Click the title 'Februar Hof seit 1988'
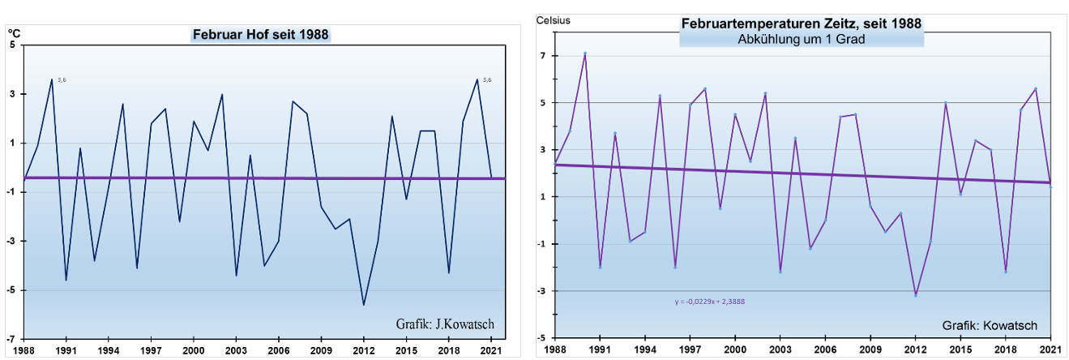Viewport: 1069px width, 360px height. point(261,35)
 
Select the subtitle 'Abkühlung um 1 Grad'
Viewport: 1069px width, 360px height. point(802,39)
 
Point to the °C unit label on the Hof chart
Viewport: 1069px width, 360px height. point(13,33)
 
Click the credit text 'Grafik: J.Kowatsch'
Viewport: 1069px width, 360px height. point(445,324)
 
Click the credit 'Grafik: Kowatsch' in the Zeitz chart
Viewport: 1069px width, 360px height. point(990,325)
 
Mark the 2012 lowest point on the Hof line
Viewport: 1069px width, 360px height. point(364,305)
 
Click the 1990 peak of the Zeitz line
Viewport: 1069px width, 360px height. point(585,54)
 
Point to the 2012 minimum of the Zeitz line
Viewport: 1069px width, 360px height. point(915,295)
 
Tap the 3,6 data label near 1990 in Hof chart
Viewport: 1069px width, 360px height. point(62,79)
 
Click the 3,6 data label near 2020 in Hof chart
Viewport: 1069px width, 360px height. point(486,79)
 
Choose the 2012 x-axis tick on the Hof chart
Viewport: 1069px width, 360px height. point(364,350)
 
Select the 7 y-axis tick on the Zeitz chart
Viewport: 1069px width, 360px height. point(544,56)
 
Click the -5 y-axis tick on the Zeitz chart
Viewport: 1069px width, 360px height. point(541,338)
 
